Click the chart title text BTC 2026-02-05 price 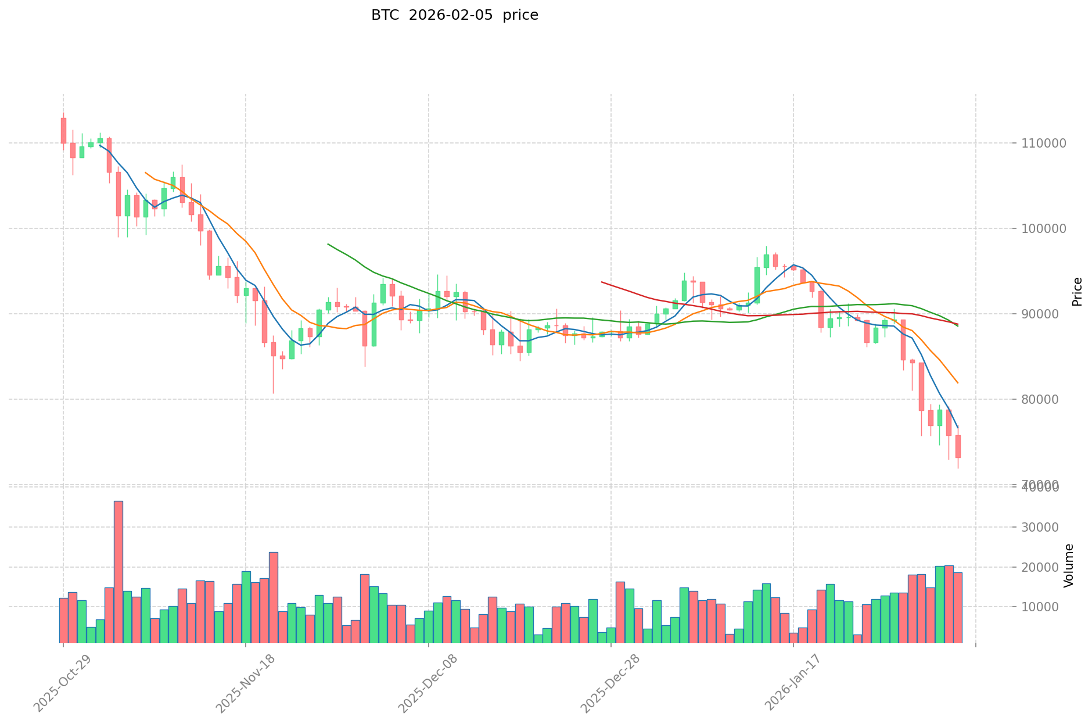pos(454,15)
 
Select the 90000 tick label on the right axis pos(1040,314)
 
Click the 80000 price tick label pos(1040,399)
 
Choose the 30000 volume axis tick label pos(1040,527)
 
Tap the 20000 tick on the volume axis pos(1040,567)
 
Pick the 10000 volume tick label pos(1040,607)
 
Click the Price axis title pos(1077,291)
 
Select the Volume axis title pos(1069,565)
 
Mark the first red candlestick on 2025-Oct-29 pos(63,130)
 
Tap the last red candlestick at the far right pos(958,446)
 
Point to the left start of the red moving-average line pos(602,282)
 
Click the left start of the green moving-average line pos(328,244)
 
